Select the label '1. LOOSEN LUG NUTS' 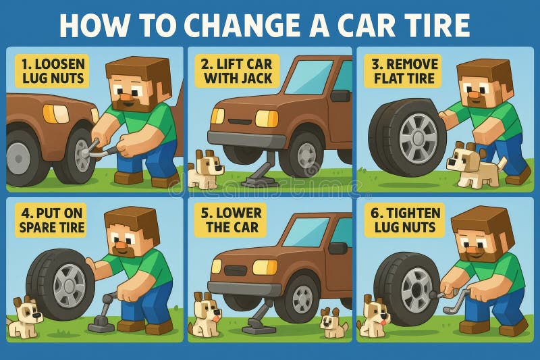pos(53,71)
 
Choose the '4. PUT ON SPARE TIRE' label pos(53,220)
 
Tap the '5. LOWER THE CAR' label pos(232,220)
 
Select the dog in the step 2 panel pos(204,170)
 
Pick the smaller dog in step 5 pos(333,322)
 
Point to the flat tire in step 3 pos(407,138)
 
